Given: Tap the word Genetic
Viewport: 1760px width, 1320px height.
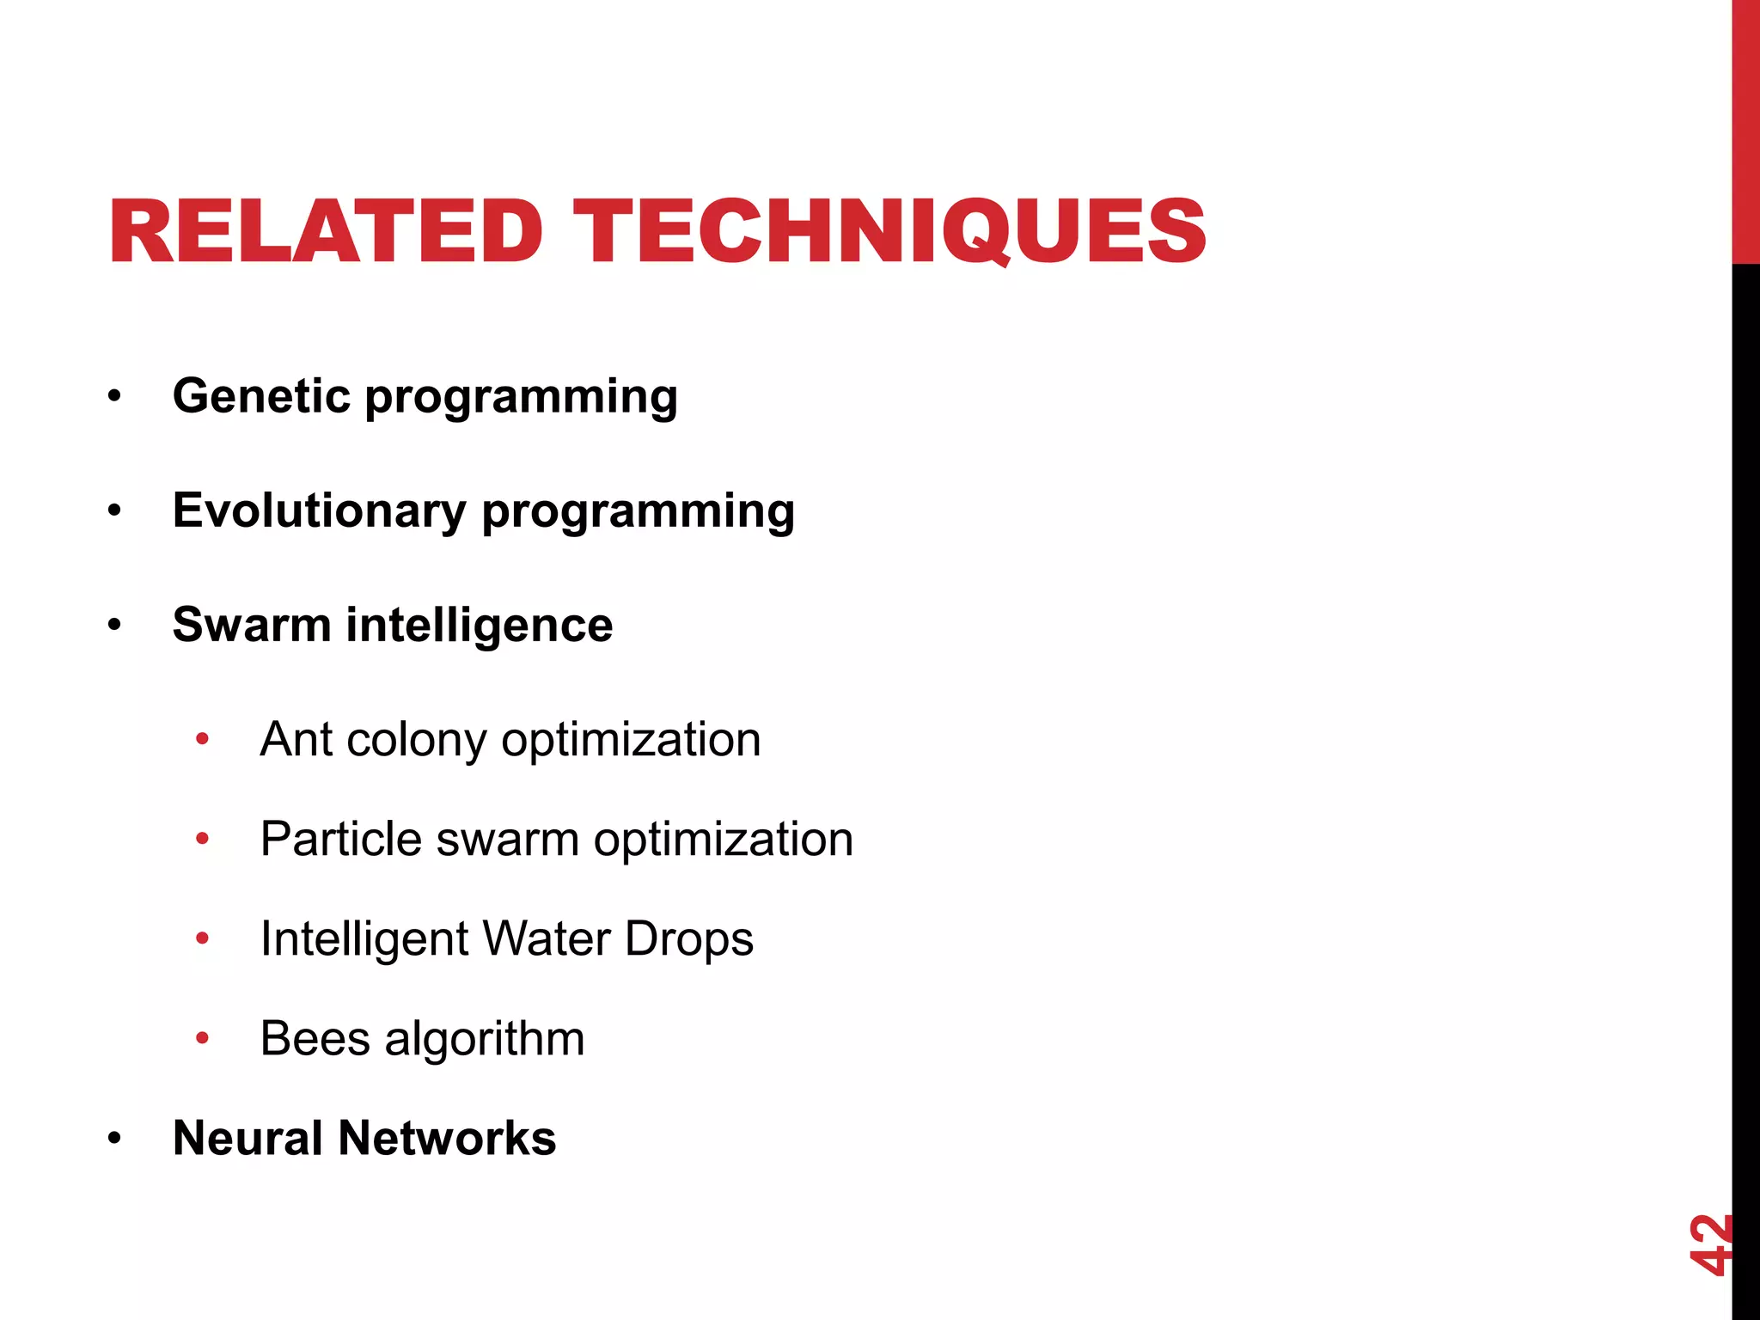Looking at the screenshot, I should click(261, 396).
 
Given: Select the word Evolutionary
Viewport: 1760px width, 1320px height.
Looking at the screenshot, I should click(319, 511).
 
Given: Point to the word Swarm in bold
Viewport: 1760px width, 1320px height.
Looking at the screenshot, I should click(251, 625).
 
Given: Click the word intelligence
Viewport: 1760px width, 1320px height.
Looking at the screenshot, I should click(480, 626).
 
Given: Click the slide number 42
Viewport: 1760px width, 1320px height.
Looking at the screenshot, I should click(1709, 1244).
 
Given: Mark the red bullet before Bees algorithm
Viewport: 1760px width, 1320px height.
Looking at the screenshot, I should click(203, 1038).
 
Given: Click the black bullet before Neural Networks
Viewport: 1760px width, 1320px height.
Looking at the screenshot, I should click(115, 1140).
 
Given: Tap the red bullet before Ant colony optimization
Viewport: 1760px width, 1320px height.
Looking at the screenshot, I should click(203, 739).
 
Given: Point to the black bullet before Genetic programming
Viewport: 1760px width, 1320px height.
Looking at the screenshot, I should click(115, 397).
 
